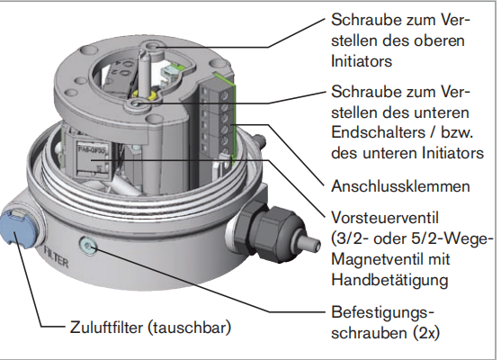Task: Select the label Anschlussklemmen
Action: pyautogui.click(x=400, y=186)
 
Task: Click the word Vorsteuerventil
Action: pyautogui.click(x=385, y=218)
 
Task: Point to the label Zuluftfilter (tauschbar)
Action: pyautogui.click(x=150, y=328)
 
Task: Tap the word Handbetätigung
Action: pyautogui.click(x=389, y=281)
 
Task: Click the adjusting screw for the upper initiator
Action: pyautogui.click(x=153, y=47)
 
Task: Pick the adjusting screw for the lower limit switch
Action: pyautogui.click(x=137, y=103)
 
